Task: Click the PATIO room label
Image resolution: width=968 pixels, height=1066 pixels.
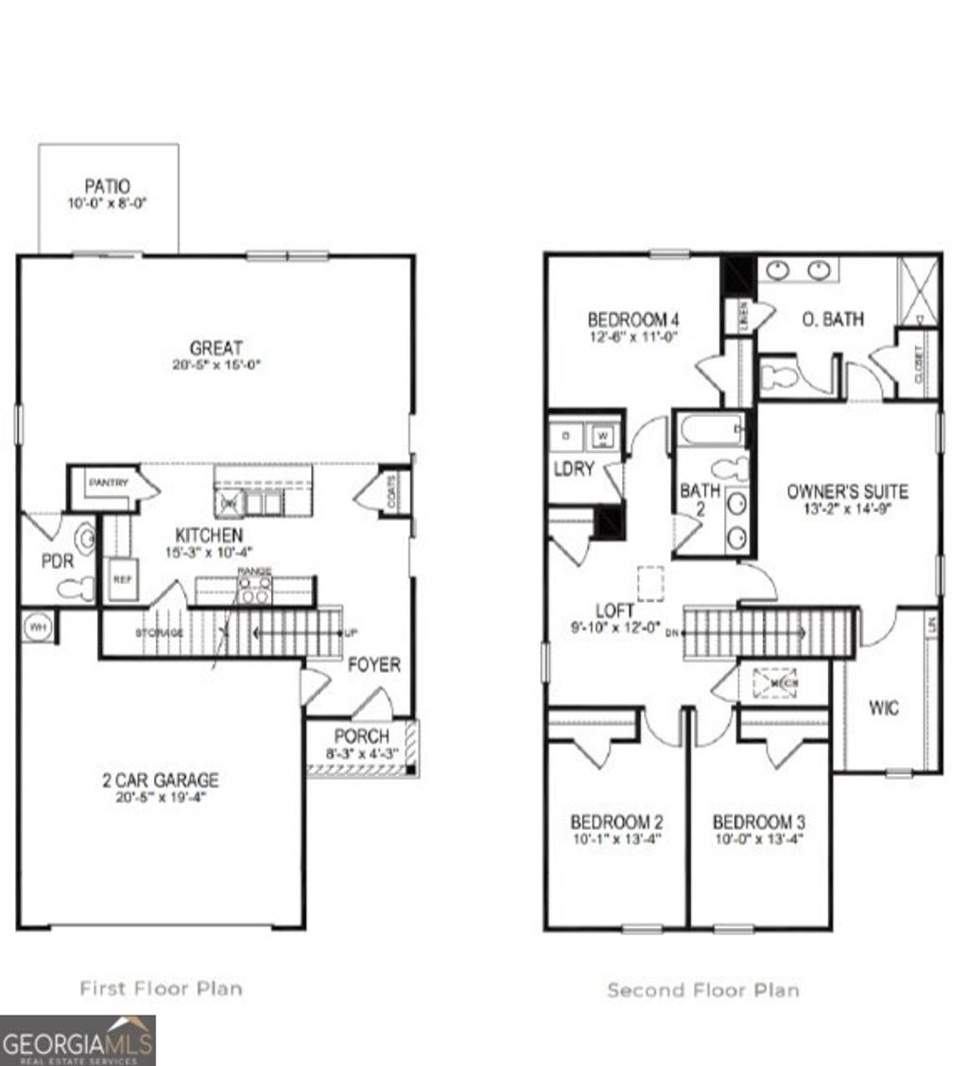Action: [107, 186]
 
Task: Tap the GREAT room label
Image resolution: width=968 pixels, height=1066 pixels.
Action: [216, 348]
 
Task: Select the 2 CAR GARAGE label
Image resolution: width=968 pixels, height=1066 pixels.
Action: [160, 781]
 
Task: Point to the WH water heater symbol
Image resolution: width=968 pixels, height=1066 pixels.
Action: [39, 626]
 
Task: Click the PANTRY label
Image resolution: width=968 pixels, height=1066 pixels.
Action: [109, 483]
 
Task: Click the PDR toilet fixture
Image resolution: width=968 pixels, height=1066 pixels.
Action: [76, 589]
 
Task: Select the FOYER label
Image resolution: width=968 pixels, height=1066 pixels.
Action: [373, 664]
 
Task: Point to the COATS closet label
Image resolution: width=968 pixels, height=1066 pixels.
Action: [393, 491]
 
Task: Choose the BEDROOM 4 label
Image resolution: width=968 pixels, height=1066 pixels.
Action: [633, 318]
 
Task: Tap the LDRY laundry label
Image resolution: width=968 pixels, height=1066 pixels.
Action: [573, 469]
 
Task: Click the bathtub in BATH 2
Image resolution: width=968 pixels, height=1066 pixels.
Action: [709, 433]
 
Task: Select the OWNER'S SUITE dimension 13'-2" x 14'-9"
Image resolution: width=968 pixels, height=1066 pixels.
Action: [847, 507]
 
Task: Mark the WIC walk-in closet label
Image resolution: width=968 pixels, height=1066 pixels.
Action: [884, 708]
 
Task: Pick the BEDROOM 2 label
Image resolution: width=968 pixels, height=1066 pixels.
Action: [616, 822]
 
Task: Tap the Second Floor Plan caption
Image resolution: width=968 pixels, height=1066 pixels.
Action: [702, 990]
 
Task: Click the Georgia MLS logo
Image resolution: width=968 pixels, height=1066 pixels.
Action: [78, 1040]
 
